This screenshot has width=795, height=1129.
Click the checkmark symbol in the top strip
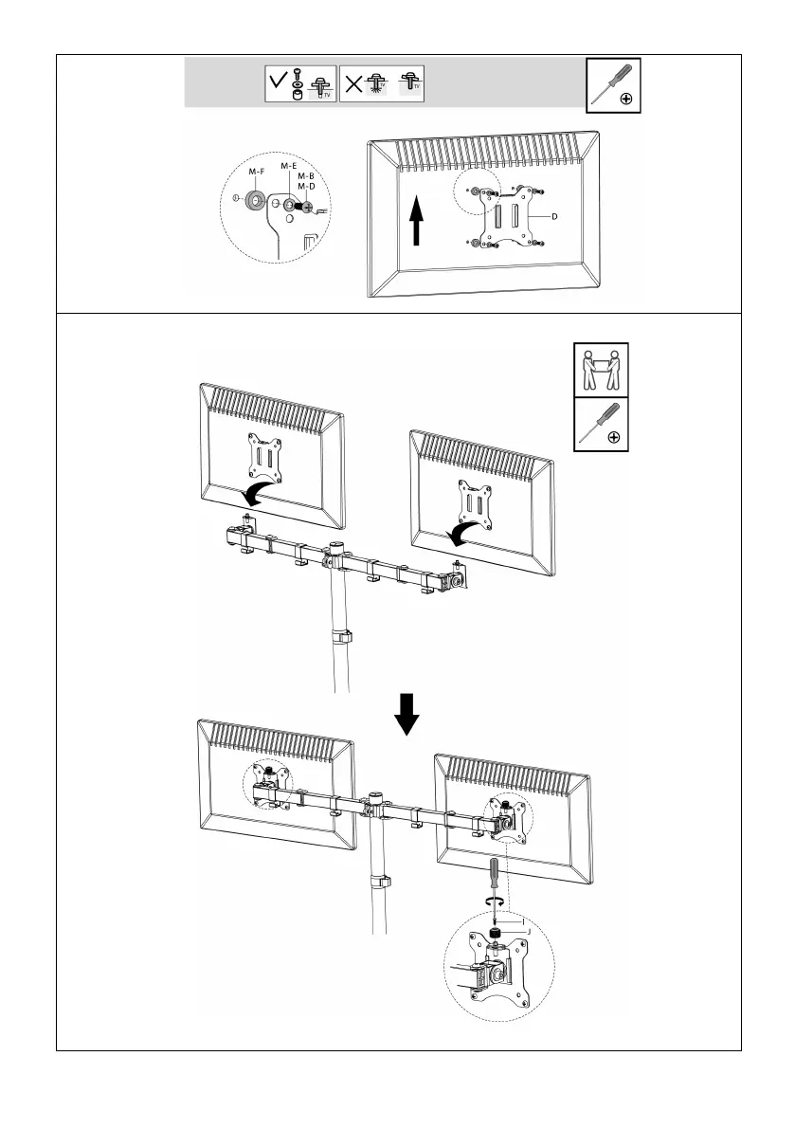tap(279, 82)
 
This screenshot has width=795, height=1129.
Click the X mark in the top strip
tap(351, 82)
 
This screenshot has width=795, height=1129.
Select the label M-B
tap(306, 175)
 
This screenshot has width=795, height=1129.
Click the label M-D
tap(306, 186)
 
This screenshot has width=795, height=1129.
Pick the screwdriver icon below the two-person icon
tap(601, 423)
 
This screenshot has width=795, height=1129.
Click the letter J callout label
tap(527, 932)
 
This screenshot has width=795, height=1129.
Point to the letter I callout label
tap(520, 920)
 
